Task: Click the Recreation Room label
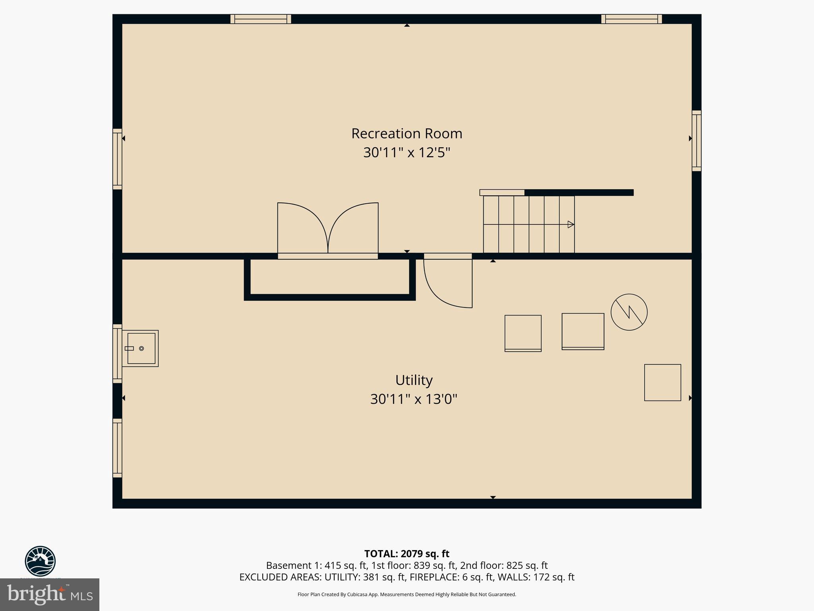click(x=407, y=134)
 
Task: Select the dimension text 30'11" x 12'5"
click(x=407, y=152)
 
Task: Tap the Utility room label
click(x=414, y=380)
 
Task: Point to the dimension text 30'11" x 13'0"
click(x=414, y=399)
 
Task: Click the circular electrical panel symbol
click(x=629, y=312)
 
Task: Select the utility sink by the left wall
click(x=140, y=348)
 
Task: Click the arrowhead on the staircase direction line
click(x=571, y=224)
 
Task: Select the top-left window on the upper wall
click(x=261, y=19)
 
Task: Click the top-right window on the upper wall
click(x=631, y=19)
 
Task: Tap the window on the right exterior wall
click(x=696, y=141)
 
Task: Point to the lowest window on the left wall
click(x=117, y=448)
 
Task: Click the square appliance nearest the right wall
click(x=662, y=382)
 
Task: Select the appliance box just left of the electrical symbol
click(x=583, y=331)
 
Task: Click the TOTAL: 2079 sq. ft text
click(x=407, y=554)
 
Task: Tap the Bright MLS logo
click(x=50, y=594)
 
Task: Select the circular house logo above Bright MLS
click(x=40, y=561)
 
